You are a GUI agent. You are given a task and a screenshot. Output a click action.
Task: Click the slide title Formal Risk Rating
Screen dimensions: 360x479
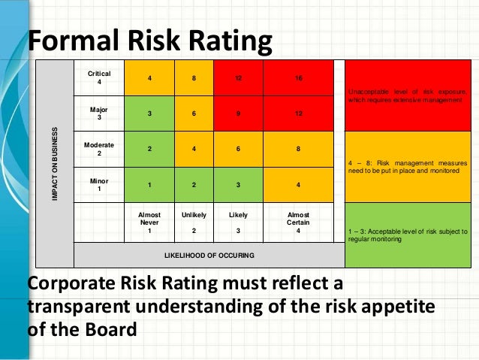point(149,42)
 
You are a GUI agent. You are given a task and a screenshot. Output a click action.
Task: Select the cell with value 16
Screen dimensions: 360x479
point(299,77)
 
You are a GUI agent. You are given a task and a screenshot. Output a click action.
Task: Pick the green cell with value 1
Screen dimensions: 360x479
point(149,184)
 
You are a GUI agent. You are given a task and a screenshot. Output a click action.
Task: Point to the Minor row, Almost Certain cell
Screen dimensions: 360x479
point(299,184)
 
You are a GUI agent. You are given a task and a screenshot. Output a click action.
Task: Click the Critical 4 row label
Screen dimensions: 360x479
point(99,77)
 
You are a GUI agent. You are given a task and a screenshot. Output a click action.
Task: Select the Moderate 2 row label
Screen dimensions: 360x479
point(99,149)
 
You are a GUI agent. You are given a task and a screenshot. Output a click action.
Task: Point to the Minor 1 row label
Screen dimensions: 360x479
point(99,185)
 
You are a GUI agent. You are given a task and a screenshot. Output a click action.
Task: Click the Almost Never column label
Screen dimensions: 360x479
point(149,222)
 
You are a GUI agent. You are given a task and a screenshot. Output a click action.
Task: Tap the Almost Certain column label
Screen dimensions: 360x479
point(299,222)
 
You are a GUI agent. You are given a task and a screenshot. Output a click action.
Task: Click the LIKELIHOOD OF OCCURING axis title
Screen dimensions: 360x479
point(209,256)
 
